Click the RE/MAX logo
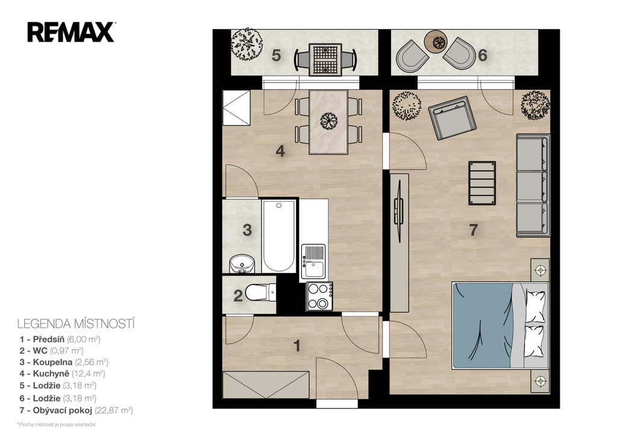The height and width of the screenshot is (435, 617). pyautogui.click(x=71, y=32)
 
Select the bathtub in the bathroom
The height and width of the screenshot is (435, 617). pyautogui.click(x=278, y=236)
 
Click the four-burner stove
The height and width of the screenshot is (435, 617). pyautogui.click(x=319, y=296)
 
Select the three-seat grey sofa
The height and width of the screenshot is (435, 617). pyautogui.click(x=533, y=185)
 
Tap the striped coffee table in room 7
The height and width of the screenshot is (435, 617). pyautogui.click(x=482, y=183)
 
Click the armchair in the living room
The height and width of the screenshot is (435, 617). pyautogui.click(x=452, y=118)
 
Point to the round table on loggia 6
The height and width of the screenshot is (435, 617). pyautogui.click(x=436, y=42)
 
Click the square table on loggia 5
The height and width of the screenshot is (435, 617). pyautogui.click(x=325, y=60)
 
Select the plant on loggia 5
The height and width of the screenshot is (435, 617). pyautogui.click(x=246, y=44)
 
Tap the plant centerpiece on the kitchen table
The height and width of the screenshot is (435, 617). pyautogui.click(x=328, y=121)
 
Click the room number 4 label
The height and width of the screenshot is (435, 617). pyautogui.click(x=280, y=151)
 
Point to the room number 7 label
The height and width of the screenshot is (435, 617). pyautogui.click(x=474, y=230)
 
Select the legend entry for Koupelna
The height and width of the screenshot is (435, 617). pyautogui.click(x=64, y=362)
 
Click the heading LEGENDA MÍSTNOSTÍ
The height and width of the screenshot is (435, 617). pyautogui.click(x=76, y=324)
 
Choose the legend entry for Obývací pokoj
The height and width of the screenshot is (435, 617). pyautogui.click(x=77, y=411)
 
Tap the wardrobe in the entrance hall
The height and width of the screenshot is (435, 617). pyautogui.click(x=266, y=384)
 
